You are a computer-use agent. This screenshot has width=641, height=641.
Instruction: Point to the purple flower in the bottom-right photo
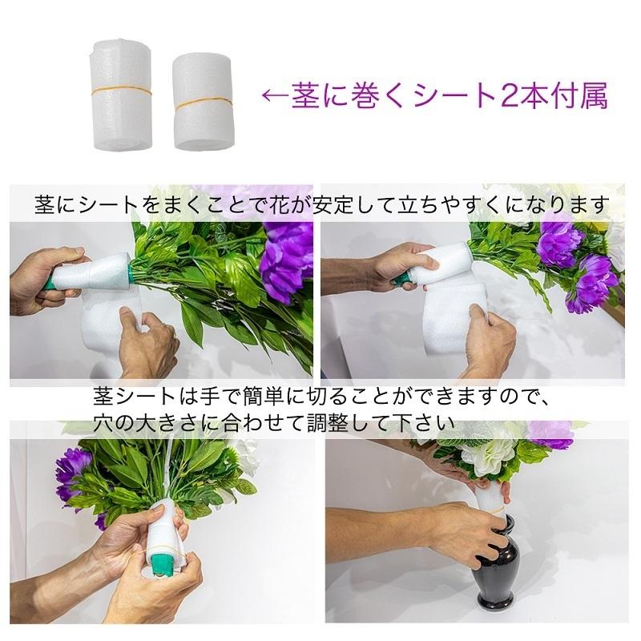pyautogui.click(x=551, y=434)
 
